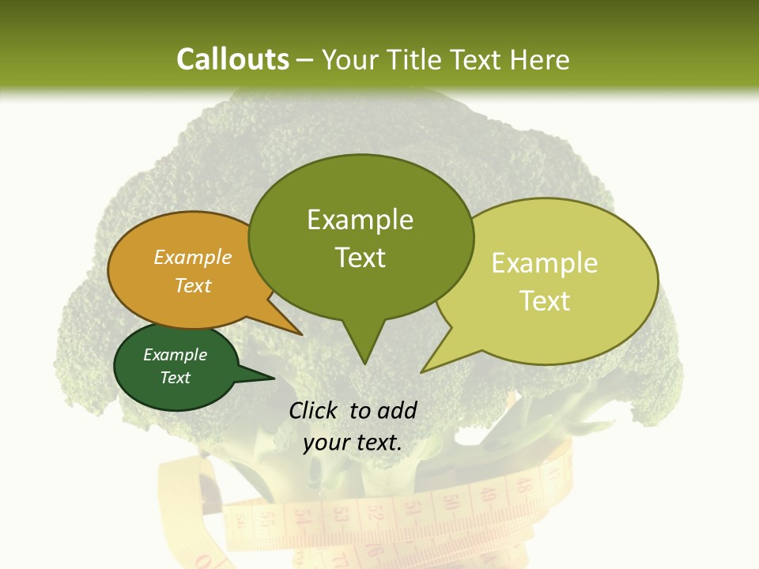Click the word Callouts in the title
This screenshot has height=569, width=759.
[x=232, y=60]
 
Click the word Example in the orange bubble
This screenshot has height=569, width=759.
[x=193, y=258]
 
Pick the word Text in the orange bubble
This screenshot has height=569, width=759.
[x=193, y=285]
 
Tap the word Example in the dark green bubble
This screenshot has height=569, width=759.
[x=176, y=355]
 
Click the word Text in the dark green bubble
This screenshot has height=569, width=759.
[x=176, y=378]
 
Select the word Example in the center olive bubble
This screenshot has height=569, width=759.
[x=360, y=220]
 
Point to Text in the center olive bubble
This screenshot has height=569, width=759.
[x=360, y=258]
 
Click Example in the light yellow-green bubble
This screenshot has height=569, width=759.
[x=545, y=263]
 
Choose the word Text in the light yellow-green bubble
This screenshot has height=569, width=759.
[x=545, y=301]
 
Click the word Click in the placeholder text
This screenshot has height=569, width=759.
[x=314, y=411]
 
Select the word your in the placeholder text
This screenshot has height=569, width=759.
[x=326, y=443]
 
